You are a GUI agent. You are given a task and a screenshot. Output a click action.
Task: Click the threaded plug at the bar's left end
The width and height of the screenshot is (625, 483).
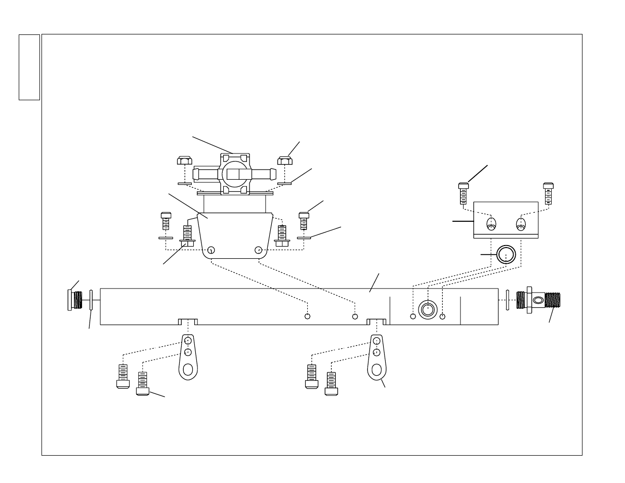pos(74,300)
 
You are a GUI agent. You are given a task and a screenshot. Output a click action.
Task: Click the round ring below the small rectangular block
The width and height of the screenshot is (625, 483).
pos(505,255)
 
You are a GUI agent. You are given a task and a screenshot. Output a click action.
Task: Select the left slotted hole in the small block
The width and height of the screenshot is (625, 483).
pos(491,224)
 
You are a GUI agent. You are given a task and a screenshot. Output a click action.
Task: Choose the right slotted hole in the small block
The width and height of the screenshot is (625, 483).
pos(521,224)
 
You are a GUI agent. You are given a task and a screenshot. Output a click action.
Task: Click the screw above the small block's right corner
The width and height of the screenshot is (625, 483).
pos(547,193)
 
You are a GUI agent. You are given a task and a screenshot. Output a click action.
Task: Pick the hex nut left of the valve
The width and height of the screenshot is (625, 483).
pos(184,162)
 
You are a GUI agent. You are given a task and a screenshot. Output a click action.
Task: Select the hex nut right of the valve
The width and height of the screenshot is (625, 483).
pos(284,162)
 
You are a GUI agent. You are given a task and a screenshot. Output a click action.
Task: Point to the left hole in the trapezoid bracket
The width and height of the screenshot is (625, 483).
pos(212,250)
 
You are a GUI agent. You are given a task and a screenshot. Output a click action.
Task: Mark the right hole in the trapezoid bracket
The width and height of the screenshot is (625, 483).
pos(259,250)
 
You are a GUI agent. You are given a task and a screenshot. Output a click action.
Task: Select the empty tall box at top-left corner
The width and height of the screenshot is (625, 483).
pos(29,67)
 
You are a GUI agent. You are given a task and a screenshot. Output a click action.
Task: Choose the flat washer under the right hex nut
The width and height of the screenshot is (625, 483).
pos(284,184)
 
